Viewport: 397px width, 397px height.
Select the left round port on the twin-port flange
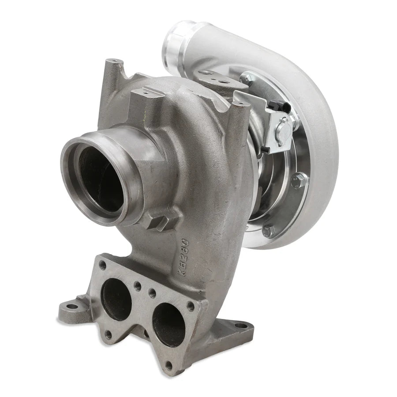[x=116, y=300]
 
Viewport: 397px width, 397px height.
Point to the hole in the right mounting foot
[x=241, y=326]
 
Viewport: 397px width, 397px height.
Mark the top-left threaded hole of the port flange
[x=103, y=266]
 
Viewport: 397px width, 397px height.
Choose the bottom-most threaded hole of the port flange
[x=168, y=365]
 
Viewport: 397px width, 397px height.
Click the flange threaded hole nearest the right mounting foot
[x=191, y=305]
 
